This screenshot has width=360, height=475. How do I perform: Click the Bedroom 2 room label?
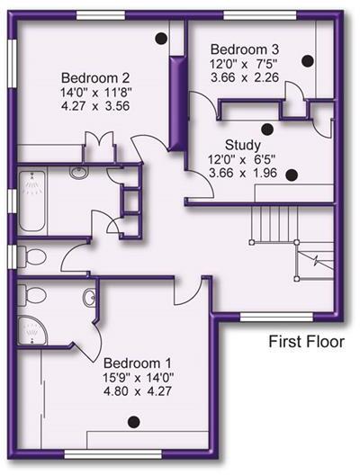(x=93, y=76)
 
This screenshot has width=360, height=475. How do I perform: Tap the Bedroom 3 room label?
(x=242, y=48)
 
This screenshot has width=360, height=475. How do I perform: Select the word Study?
(x=243, y=145)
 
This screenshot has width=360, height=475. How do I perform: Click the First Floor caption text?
(x=305, y=342)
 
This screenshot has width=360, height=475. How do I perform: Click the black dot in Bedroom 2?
(x=160, y=37)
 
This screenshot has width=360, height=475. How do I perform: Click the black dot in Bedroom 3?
(x=308, y=60)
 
